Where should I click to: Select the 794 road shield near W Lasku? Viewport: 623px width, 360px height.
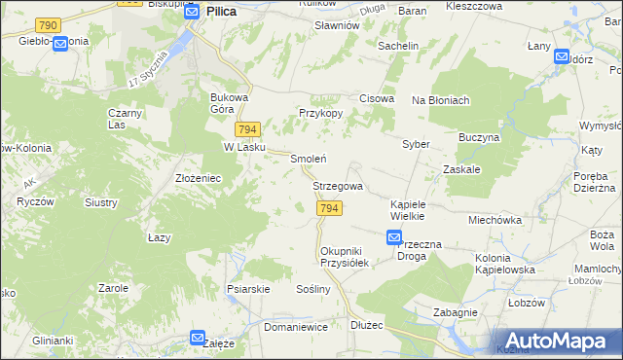[x=247, y=129]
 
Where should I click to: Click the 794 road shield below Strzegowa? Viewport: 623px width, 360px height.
[x=329, y=209]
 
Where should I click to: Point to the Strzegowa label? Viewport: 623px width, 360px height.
[x=338, y=186]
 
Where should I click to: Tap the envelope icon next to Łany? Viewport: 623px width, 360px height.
[x=562, y=56]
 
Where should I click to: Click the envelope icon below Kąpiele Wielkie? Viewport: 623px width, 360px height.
[x=394, y=237]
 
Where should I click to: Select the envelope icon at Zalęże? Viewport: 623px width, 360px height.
[x=198, y=339]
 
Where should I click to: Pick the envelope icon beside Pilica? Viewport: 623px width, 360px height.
[x=192, y=12]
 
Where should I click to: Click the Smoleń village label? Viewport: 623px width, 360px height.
[x=308, y=159]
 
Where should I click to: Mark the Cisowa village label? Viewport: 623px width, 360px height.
[x=377, y=99]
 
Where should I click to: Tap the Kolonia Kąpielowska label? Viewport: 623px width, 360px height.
[x=506, y=264]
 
